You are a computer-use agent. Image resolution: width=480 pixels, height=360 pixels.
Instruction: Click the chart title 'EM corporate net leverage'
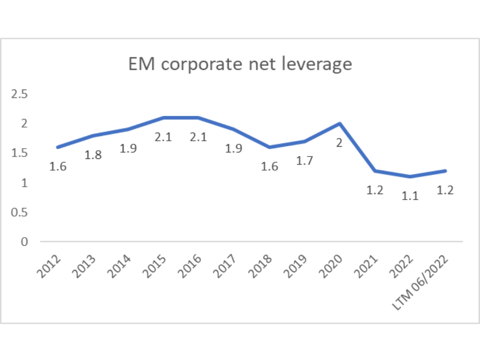pos(240,64)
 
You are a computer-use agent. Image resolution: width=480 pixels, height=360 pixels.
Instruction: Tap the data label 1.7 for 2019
pos(305,161)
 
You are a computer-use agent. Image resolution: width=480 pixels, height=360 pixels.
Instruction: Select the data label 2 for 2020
pos(338,143)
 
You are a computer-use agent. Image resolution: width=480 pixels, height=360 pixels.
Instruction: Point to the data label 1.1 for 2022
pos(410,196)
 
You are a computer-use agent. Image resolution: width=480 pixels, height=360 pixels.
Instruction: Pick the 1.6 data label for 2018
pos(270,166)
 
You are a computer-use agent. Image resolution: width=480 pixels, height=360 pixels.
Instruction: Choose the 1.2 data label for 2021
pos(375,190)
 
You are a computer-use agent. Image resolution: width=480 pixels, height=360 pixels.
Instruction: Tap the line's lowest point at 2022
pos(410,177)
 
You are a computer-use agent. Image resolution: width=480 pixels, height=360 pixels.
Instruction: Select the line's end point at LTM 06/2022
pos(445,171)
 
